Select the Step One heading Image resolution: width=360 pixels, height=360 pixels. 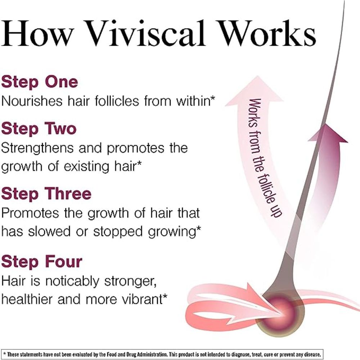point(39,82)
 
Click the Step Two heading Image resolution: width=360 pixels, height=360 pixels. point(39,128)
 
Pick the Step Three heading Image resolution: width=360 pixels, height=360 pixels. point(46,194)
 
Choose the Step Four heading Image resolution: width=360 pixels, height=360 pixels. point(41,262)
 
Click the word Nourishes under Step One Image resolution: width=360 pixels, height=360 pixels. point(31,101)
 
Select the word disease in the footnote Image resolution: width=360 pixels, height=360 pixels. point(310,354)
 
